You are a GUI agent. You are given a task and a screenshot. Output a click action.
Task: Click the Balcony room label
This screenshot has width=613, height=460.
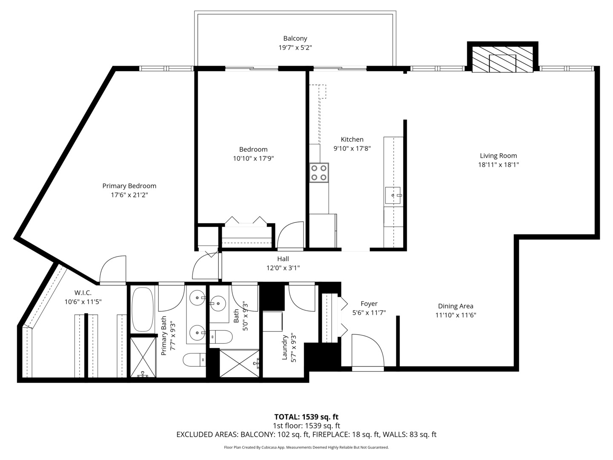tap(295, 39)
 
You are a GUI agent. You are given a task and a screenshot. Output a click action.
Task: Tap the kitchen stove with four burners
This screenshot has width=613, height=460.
tap(319, 172)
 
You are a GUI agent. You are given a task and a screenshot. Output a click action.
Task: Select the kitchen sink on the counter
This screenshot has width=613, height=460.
tap(393, 195)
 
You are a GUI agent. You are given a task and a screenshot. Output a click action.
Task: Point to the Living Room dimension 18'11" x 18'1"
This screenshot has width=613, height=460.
tap(498, 165)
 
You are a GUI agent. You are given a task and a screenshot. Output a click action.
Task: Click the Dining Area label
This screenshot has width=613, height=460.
tap(455, 306)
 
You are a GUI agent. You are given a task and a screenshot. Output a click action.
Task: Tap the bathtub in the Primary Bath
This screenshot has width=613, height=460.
tap(143, 310)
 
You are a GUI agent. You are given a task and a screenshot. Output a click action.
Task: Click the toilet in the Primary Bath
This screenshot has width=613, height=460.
tap(194, 360)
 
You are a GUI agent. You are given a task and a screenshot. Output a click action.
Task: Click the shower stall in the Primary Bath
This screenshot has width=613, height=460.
tap(143, 357)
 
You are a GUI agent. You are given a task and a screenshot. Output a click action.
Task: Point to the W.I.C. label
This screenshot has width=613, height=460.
tap(83, 293)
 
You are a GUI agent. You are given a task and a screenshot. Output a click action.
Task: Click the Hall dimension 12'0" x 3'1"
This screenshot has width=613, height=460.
tap(283, 268)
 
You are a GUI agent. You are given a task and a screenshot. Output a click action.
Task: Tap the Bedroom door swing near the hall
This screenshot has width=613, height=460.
tap(290, 235)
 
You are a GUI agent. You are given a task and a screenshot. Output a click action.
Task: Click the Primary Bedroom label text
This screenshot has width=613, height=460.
tap(129, 186)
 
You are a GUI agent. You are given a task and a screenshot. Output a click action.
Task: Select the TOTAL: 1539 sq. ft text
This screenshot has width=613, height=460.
tap(306, 417)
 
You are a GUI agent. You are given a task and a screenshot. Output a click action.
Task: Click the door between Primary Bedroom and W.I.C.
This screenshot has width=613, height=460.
tap(113, 269)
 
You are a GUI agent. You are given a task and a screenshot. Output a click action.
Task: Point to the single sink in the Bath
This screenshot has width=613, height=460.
tap(218, 304)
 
